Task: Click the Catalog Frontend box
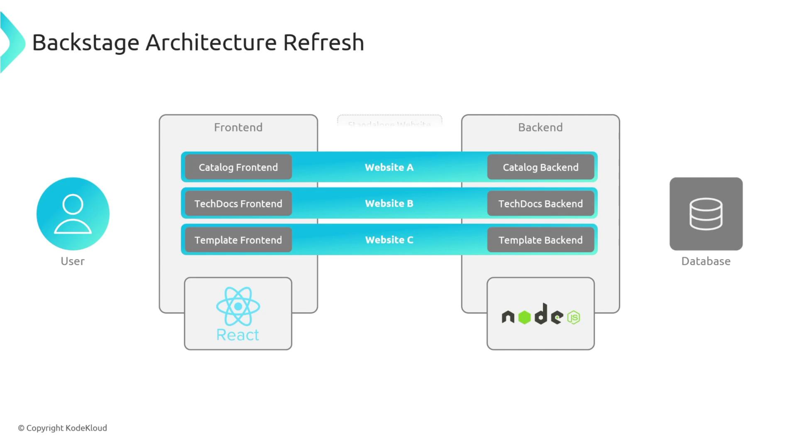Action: pyautogui.click(x=238, y=167)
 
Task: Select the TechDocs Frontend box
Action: pyautogui.click(x=238, y=204)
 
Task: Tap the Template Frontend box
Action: pyautogui.click(x=238, y=240)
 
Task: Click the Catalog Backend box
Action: pyautogui.click(x=540, y=167)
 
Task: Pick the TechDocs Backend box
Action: pyautogui.click(x=540, y=204)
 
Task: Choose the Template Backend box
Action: pyautogui.click(x=540, y=240)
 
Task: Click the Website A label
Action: pyautogui.click(x=389, y=167)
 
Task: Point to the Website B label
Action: pyautogui.click(x=389, y=204)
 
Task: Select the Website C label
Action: pyautogui.click(x=389, y=240)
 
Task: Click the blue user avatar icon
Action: pyautogui.click(x=73, y=214)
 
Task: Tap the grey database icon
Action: pyautogui.click(x=706, y=214)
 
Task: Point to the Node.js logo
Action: pyautogui.click(x=540, y=315)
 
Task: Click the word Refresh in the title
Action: pyautogui.click(x=323, y=42)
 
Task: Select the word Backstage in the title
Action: pyautogui.click(x=86, y=43)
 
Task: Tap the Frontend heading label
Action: pyautogui.click(x=238, y=127)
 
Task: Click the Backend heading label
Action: pyautogui.click(x=540, y=127)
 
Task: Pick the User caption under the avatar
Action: pyautogui.click(x=73, y=261)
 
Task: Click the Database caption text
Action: pyautogui.click(x=706, y=261)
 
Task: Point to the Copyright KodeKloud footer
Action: pyautogui.click(x=62, y=428)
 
